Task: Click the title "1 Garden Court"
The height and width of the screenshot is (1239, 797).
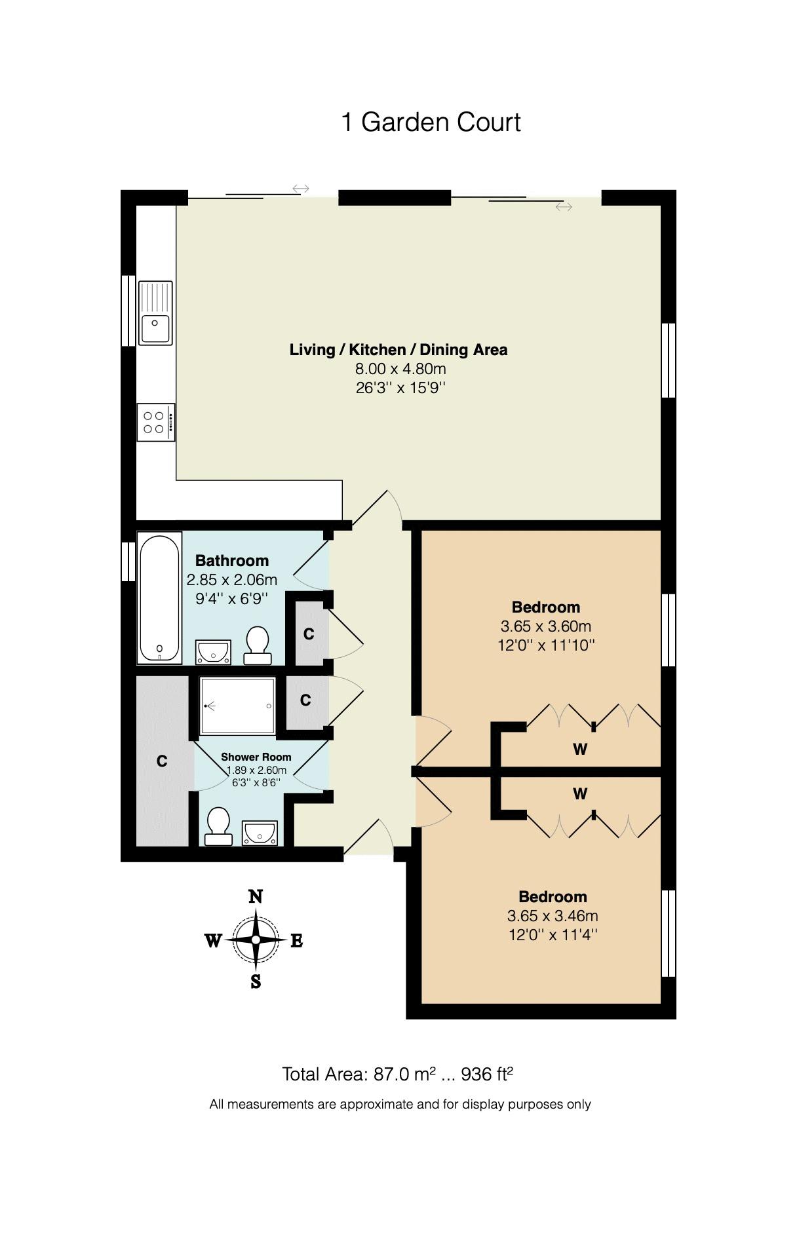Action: (x=431, y=123)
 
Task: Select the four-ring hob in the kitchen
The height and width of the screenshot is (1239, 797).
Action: (x=156, y=423)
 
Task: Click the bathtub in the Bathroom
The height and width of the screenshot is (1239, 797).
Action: (x=159, y=598)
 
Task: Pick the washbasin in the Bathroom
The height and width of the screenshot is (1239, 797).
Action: (x=213, y=653)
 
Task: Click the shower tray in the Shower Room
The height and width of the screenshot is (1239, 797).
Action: (x=237, y=706)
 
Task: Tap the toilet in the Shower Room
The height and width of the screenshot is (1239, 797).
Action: (x=218, y=825)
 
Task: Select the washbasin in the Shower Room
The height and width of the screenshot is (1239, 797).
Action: (x=260, y=833)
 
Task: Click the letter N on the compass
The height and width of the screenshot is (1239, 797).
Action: (x=256, y=896)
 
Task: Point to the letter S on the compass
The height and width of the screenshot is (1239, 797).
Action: (x=256, y=981)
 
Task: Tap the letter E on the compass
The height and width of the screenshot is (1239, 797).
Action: (x=296, y=941)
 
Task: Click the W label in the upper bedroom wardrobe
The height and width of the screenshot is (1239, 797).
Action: (x=580, y=749)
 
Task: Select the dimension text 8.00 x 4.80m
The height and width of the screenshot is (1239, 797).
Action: (x=400, y=368)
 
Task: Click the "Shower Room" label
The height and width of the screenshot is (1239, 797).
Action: (x=256, y=757)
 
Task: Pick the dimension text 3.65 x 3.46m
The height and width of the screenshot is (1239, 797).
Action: (x=553, y=915)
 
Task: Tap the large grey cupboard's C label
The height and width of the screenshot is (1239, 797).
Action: (x=162, y=761)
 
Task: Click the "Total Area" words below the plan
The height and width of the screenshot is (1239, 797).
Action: (x=324, y=1075)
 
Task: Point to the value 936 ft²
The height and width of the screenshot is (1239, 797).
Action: (x=487, y=1074)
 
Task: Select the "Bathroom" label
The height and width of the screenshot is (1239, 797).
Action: (x=232, y=560)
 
